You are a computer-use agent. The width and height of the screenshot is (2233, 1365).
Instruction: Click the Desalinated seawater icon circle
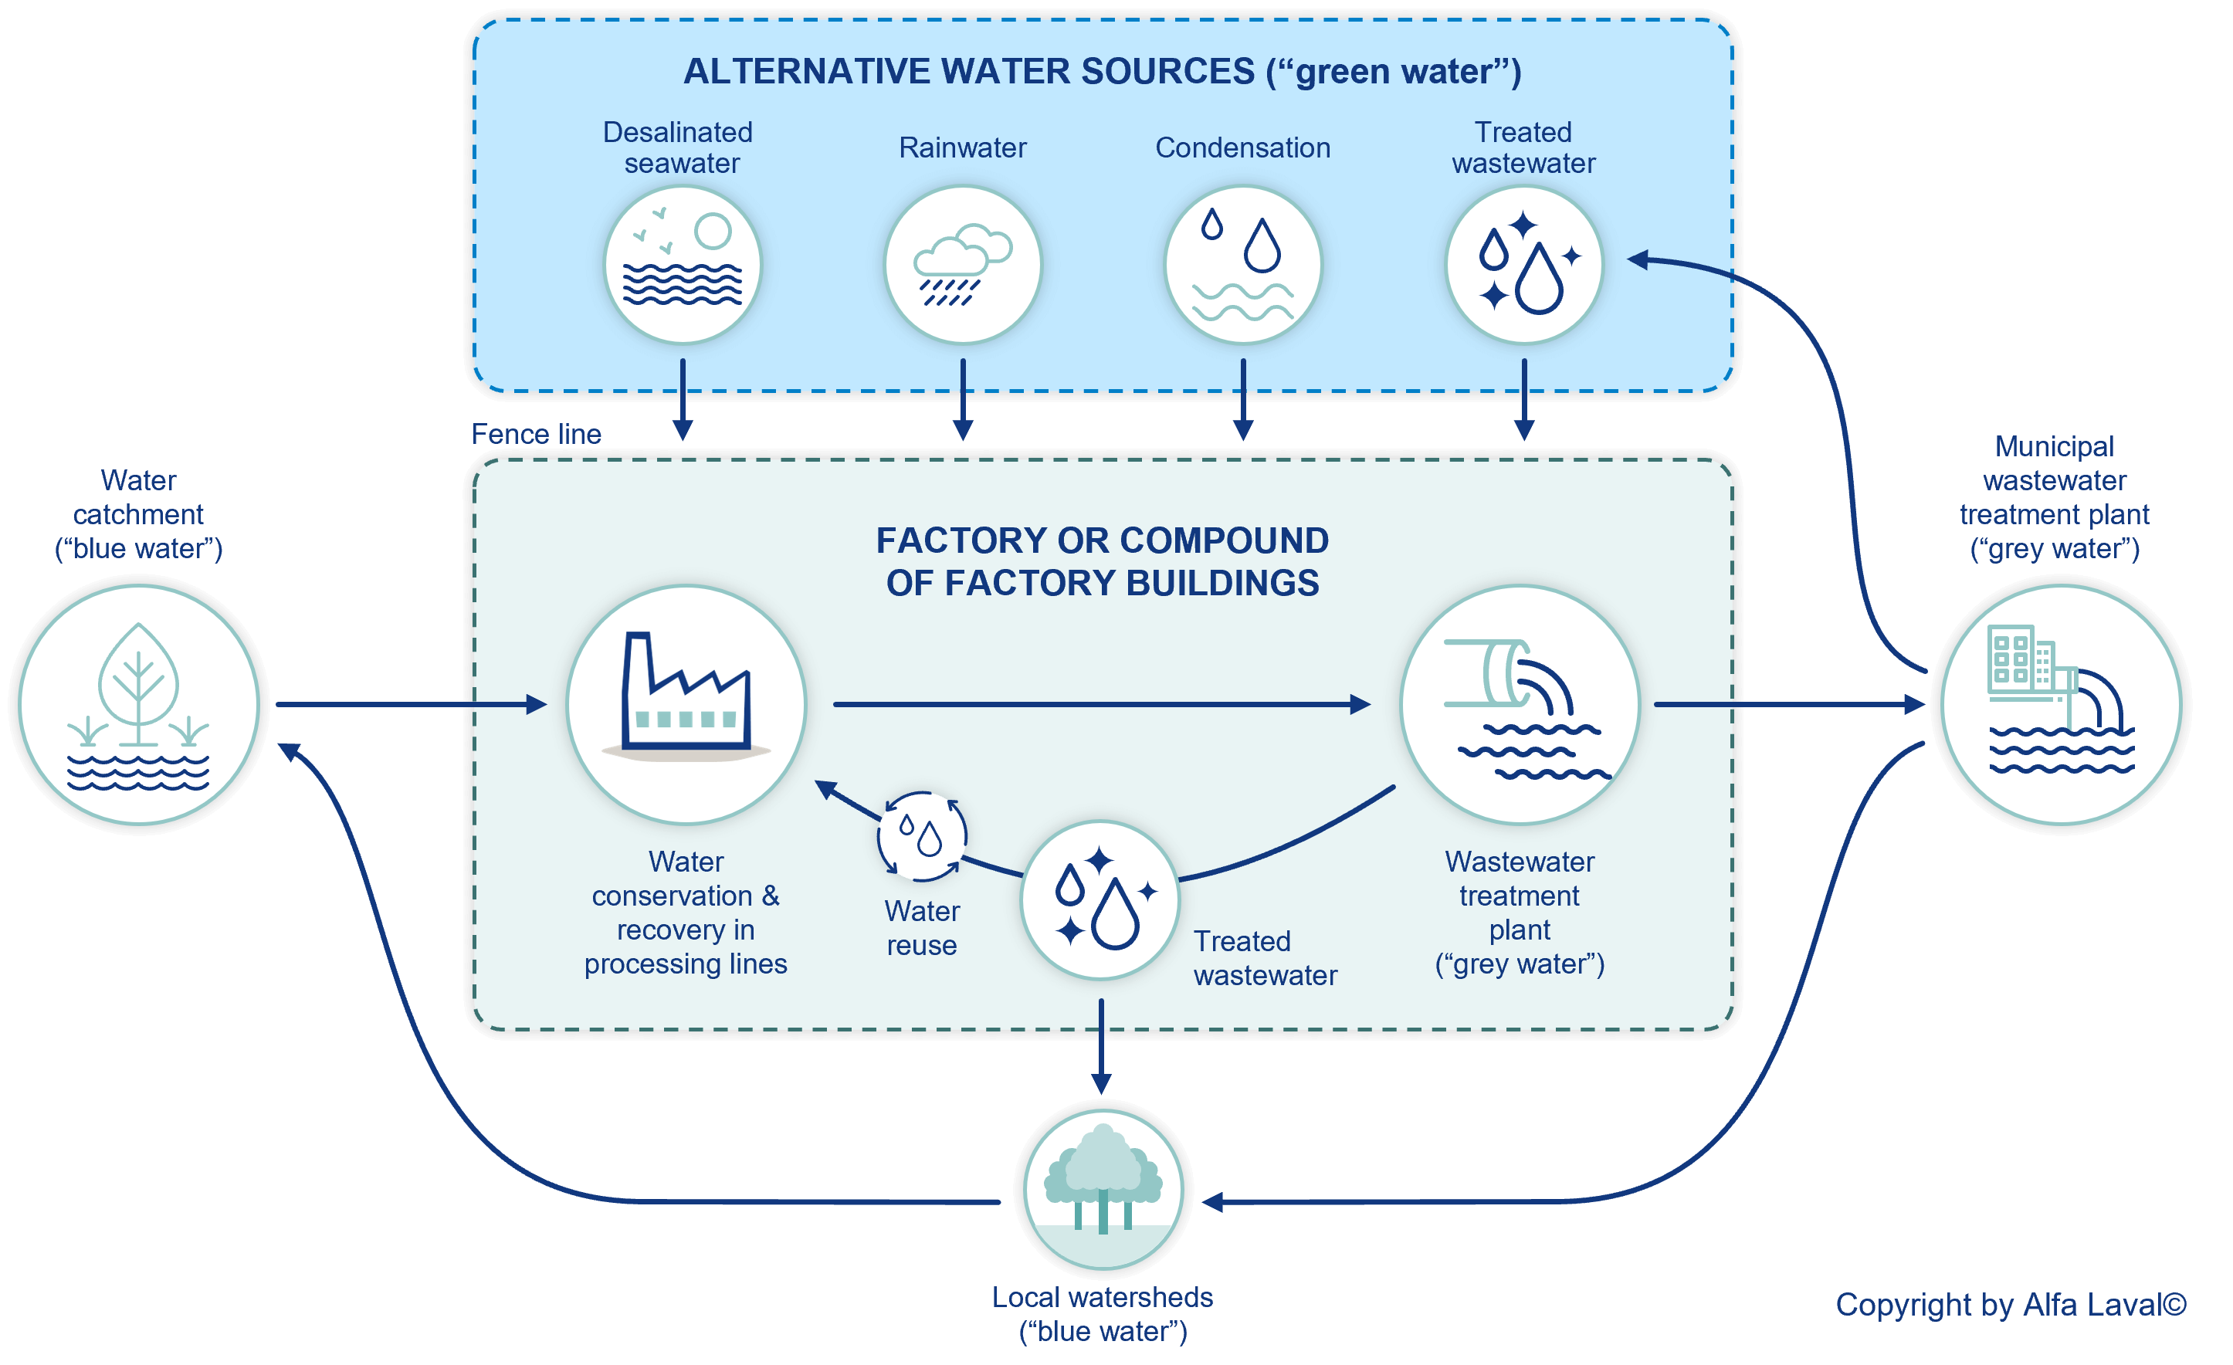coord(682,265)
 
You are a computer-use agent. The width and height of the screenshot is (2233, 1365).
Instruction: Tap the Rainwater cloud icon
coord(962,265)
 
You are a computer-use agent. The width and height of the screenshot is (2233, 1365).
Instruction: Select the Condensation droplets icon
coord(1242,265)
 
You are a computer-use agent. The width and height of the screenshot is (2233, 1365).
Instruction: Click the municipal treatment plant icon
coord(2060,704)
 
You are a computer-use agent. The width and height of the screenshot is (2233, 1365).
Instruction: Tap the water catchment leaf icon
coord(139,704)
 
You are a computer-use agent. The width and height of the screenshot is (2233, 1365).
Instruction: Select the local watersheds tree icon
coord(1102,1188)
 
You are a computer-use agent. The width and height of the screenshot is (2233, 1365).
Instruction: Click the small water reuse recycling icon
coord(922,835)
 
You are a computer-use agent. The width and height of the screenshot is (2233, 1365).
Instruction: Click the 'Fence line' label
coord(536,434)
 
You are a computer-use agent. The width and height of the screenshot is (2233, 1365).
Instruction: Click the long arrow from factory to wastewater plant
coord(1101,704)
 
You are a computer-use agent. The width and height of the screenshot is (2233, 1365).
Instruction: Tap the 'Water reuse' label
coord(922,927)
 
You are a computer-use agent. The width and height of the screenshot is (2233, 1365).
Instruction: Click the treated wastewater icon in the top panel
coord(1523,265)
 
